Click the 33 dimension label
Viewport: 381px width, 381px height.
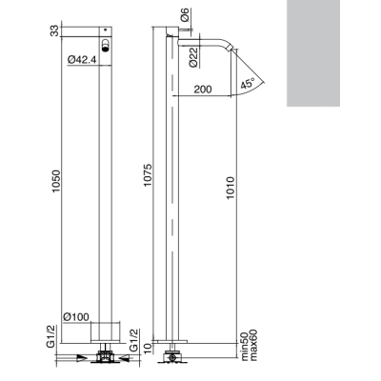(55, 30)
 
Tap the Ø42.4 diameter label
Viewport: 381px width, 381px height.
(82, 59)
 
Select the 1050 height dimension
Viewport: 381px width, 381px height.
(56, 181)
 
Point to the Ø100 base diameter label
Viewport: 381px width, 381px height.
(76, 316)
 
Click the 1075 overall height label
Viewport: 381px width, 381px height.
(148, 175)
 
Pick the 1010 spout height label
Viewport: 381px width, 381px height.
(231, 188)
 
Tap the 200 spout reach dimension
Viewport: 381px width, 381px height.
(203, 90)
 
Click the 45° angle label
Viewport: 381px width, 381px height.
(248, 84)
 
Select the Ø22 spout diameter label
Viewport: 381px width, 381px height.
(193, 57)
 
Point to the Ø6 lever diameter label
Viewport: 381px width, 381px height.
(185, 14)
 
